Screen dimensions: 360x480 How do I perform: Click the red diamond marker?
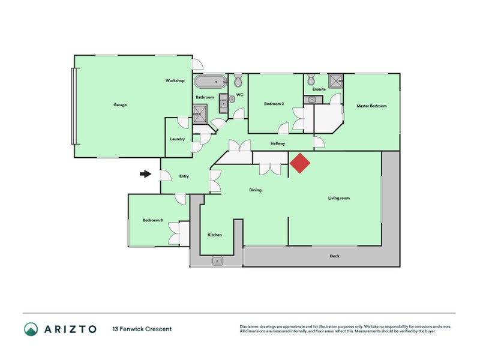coord(300,163)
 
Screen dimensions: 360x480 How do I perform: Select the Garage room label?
coord(120,105)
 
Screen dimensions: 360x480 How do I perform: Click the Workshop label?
coord(175,80)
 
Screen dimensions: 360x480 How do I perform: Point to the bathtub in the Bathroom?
coord(211,82)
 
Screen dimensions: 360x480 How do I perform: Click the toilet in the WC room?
coord(238,80)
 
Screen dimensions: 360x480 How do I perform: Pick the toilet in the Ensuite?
coord(311,80)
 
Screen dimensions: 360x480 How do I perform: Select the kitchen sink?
coord(217,260)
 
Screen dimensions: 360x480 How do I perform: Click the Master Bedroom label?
coord(371,106)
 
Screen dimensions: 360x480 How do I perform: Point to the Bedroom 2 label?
coord(274,104)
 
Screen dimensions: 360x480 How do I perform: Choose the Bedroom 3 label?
coord(152,220)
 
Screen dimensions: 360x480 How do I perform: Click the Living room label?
coord(338,198)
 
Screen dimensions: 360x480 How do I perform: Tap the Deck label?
coord(335,256)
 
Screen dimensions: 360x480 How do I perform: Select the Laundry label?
coord(177,139)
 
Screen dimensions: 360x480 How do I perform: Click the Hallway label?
coord(277,143)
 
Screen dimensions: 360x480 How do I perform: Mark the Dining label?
coord(256,190)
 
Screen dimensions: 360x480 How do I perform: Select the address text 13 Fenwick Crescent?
coord(142,329)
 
